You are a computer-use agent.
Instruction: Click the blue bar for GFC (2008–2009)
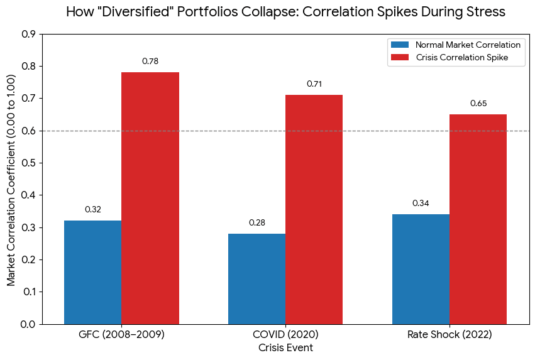(93, 272)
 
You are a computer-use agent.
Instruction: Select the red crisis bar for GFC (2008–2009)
(150, 198)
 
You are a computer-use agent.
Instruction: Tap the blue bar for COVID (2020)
(256, 278)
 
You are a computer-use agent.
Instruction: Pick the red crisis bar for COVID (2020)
(314, 209)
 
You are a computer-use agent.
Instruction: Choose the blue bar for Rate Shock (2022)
(421, 269)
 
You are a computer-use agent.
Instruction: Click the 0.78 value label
(150, 61)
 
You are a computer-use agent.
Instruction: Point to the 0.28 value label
(257, 222)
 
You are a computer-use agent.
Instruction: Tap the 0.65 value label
(478, 103)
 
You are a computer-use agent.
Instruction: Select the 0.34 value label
(421, 203)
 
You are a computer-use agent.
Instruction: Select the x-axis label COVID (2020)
(285, 335)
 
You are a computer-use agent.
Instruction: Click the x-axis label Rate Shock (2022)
(450, 335)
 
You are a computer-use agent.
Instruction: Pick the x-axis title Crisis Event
(285, 347)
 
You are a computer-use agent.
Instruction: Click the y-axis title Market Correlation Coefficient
(11, 178)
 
